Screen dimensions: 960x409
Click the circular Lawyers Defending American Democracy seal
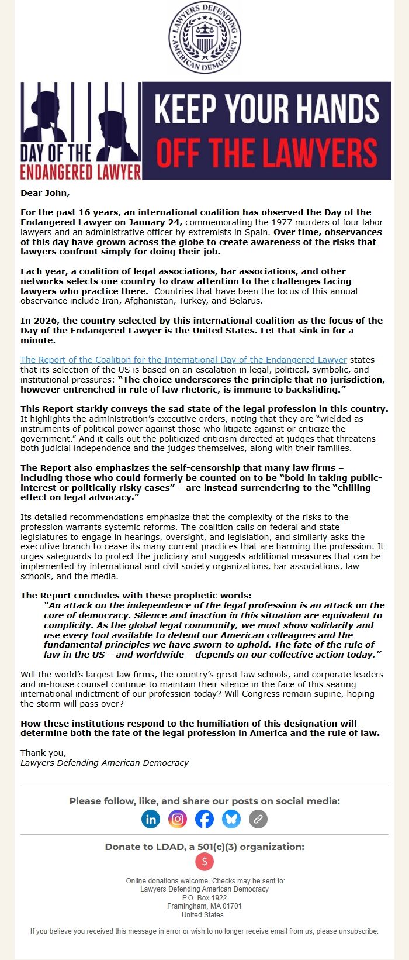point(204,38)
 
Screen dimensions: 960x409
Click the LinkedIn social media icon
point(151,818)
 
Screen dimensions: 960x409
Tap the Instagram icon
point(178,818)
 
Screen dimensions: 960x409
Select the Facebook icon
point(204,818)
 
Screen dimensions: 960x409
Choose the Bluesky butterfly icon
point(231,818)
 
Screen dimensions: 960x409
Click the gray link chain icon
point(258,818)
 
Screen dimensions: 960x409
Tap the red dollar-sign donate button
point(204,861)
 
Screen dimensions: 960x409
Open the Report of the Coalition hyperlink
point(183,360)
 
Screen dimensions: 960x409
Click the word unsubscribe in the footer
point(358,931)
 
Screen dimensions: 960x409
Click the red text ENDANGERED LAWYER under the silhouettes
point(81,172)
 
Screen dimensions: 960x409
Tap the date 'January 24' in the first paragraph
point(159,222)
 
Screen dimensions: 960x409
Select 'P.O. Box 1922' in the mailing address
point(204,897)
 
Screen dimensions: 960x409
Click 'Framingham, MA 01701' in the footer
point(204,906)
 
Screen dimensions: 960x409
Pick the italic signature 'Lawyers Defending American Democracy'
point(105,763)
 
